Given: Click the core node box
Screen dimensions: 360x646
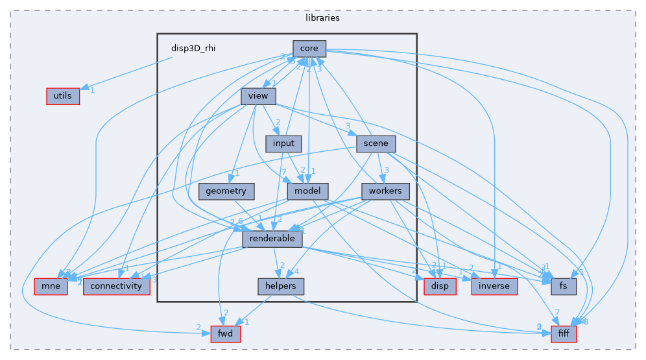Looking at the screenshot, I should pyautogui.click(x=309, y=48).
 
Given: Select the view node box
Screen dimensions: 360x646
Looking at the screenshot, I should pyautogui.click(x=259, y=96).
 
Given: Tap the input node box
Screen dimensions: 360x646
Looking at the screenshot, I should pyautogui.click(x=283, y=143).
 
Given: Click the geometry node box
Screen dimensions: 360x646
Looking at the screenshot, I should pyautogui.click(x=226, y=191).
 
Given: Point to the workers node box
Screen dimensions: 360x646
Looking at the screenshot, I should pyautogui.click(x=385, y=191).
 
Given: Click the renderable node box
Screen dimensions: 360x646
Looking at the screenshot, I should pyautogui.click(x=272, y=239).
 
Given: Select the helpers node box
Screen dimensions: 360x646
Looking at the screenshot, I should pyautogui.click(x=277, y=286).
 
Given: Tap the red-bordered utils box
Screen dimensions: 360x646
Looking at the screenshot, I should pyautogui.click(x=62, y=96).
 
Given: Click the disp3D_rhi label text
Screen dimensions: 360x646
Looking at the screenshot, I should pyautogui.click(x=193, y=48).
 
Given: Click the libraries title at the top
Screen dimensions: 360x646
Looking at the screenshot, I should pyautogui.click(x=322, y=18).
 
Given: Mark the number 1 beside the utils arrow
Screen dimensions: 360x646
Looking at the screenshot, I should pyautogui.click(x=93, y=90).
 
